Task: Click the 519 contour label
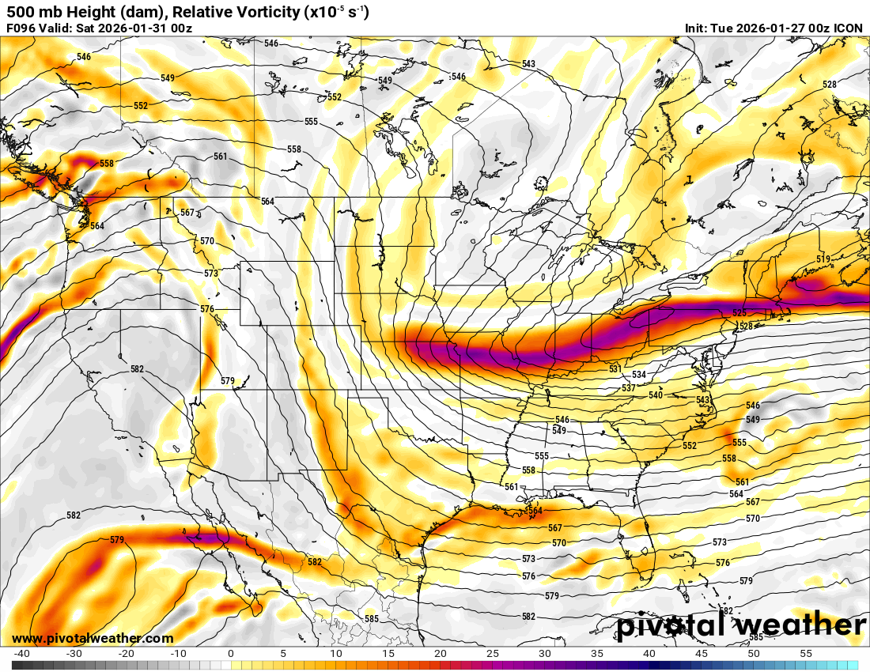click(823, 259)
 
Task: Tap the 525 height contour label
click(739, 314)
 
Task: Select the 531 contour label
click(615, 369)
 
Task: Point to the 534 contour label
click(639, 375)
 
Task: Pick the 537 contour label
click(629, 387)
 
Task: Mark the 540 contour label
click(656, 395)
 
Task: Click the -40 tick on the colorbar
click(22, 654)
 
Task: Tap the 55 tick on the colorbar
click(806, 654)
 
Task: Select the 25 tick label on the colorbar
click(492, 654)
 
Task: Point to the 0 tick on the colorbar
click(231, 654)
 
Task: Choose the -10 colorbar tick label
click(179, 654)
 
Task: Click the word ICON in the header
click(849, 28)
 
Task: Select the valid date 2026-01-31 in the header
click(135, 28)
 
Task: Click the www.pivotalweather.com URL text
click(93, 638)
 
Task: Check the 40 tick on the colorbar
click(649, 654)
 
